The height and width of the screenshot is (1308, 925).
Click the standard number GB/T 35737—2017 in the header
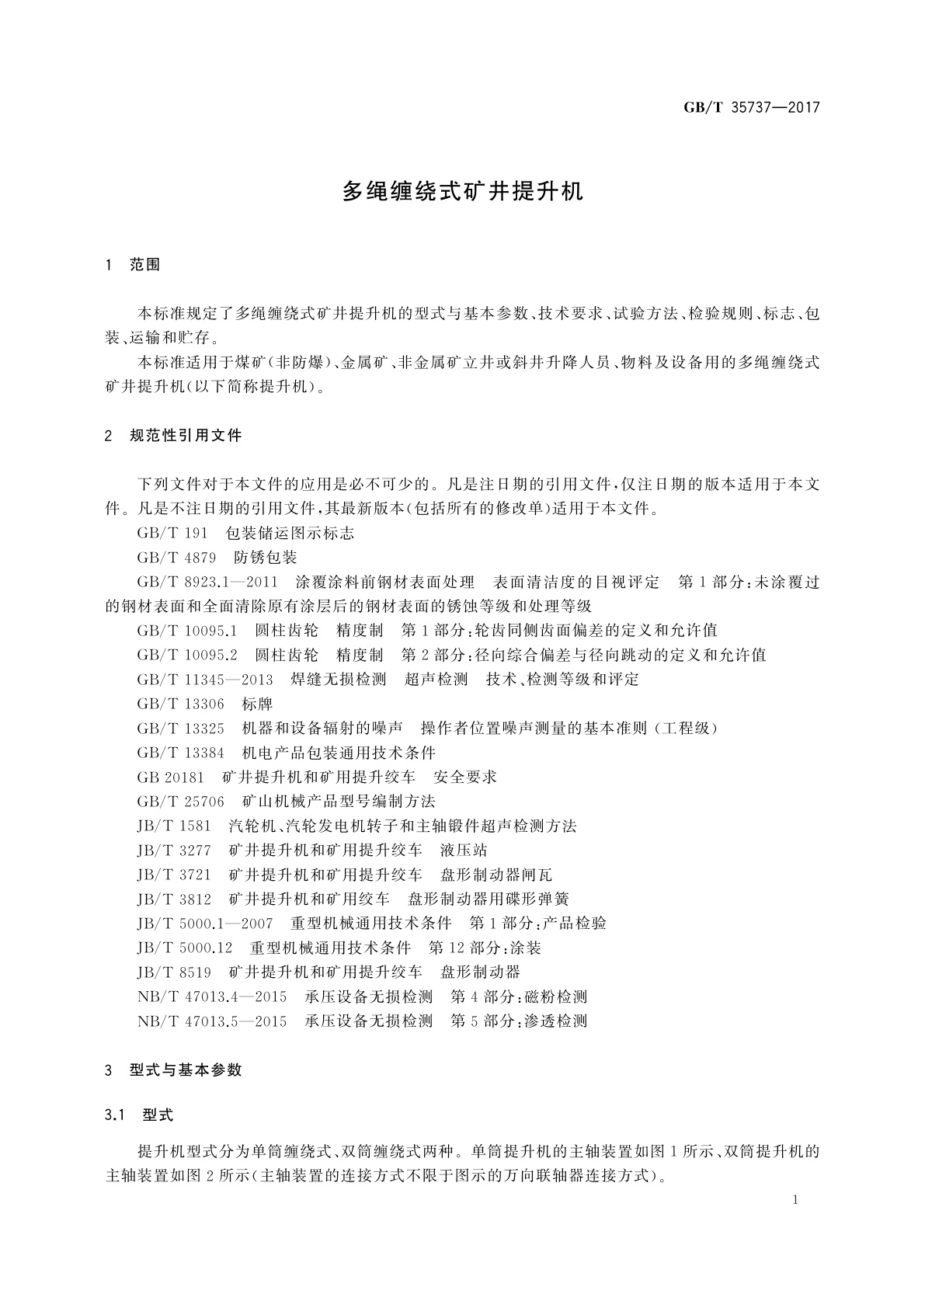coord(751,108)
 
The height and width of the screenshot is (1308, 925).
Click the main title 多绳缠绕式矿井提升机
coord(462,193)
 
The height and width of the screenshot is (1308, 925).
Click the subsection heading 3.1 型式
coord(140,1115)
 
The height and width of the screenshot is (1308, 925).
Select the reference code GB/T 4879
coord(176,558)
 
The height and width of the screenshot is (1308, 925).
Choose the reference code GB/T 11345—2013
coord(205,680)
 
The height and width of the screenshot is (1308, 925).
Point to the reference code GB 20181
coord(170,777)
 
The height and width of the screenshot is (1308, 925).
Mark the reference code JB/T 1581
coord(174,826)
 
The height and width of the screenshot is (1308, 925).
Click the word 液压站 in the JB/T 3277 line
coord(464,851)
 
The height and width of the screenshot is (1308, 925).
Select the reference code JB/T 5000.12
coord(185,948)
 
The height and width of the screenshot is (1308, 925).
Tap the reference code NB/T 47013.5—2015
coord(211,1021)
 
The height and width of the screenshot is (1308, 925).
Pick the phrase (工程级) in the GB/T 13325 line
coord(683,729)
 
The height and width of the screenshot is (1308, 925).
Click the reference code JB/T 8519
coord(174,972)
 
